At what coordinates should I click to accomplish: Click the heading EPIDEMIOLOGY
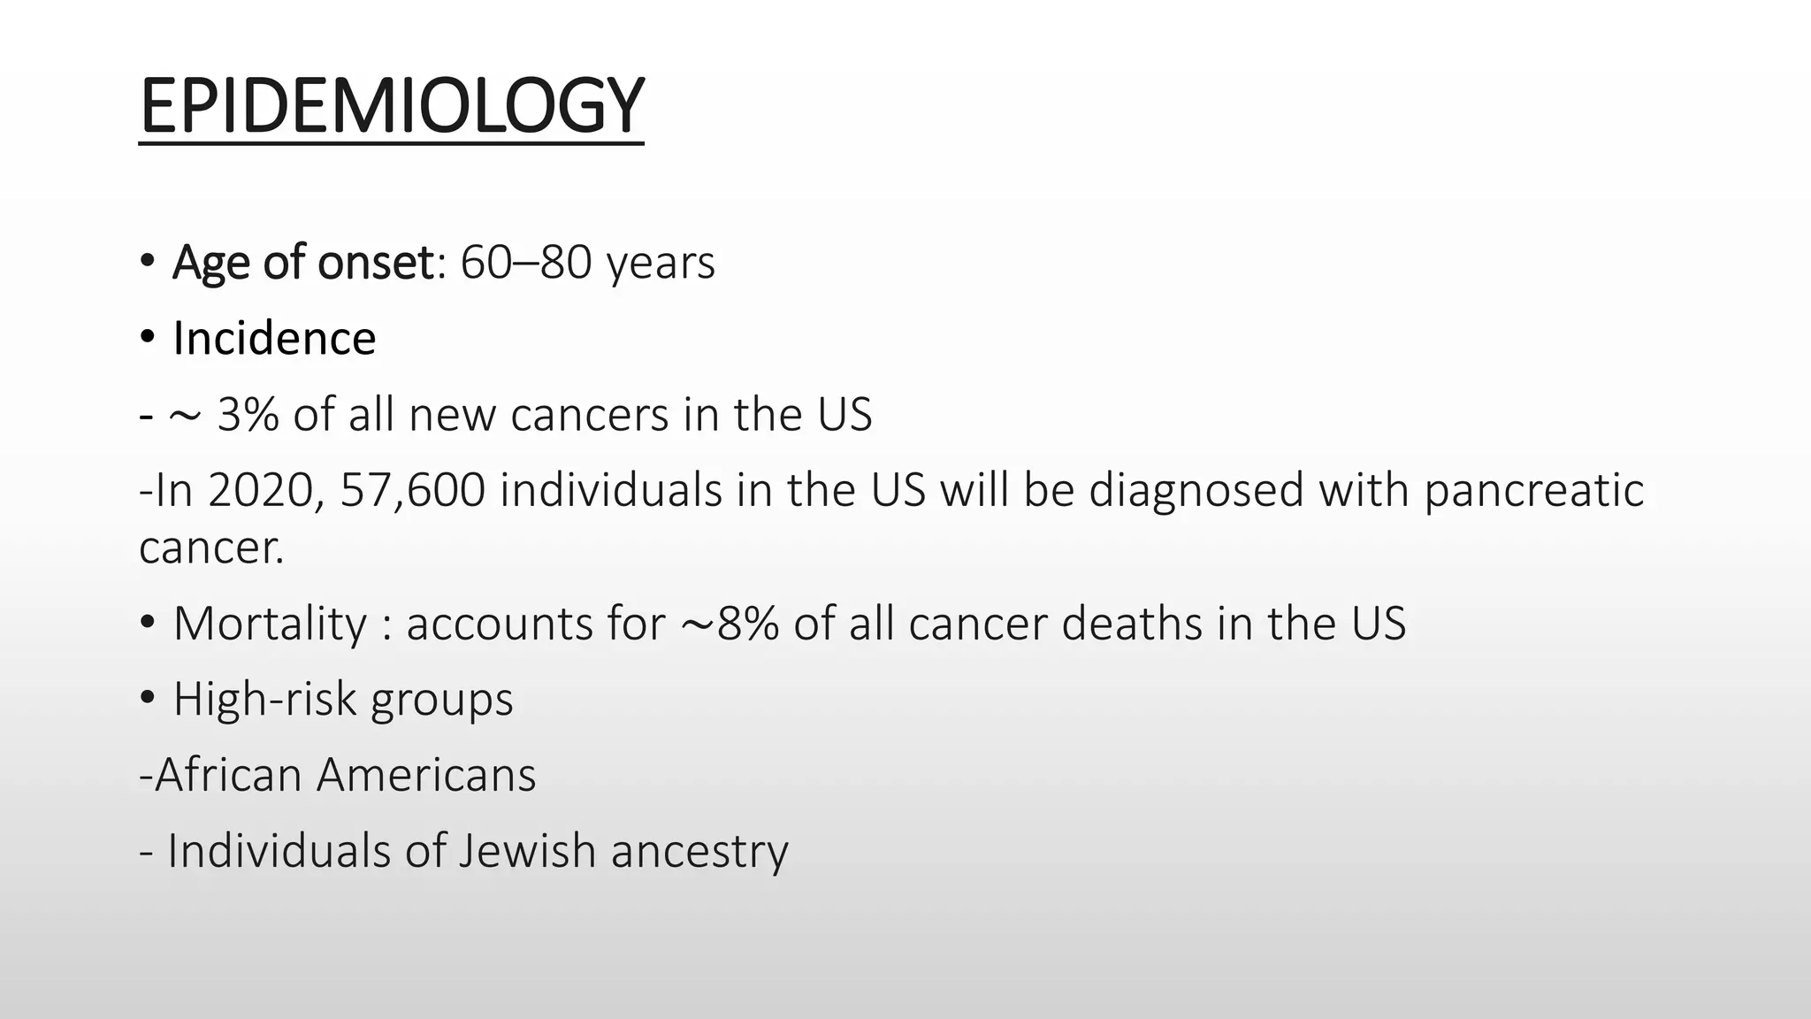click(x=392, y=106)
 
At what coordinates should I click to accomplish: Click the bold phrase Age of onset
click(x=303, y=263)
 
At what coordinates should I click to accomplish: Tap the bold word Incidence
click(x=274, y=339)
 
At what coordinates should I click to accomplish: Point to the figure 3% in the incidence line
click(x=248, y=415)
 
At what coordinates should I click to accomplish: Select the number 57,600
click(x=412, y=491)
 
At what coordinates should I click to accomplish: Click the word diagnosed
click(x=1196, y=491)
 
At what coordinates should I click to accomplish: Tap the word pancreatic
click(x=1533, y=491)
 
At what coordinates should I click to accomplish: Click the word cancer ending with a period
click(x=211, y=548)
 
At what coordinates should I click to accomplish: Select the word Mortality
click(x=270, y=624)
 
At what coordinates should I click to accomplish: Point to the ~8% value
click(x=730, y=624)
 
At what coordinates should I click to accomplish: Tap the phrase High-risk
click(x=265, y=700)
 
